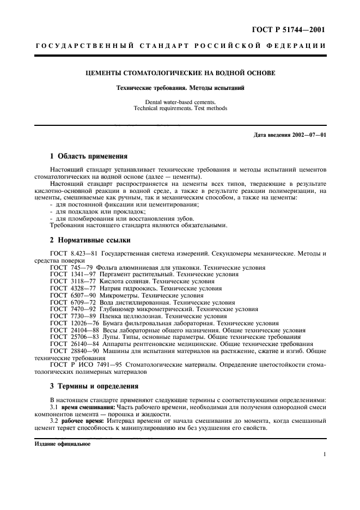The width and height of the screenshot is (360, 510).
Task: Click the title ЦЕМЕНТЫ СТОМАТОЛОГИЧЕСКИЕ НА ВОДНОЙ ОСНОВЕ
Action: point(180,72)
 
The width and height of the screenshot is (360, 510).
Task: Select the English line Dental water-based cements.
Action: point(180,102)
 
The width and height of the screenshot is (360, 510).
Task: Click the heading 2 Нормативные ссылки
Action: point(90,239)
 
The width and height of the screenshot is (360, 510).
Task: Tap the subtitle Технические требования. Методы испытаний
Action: point(180,88)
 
